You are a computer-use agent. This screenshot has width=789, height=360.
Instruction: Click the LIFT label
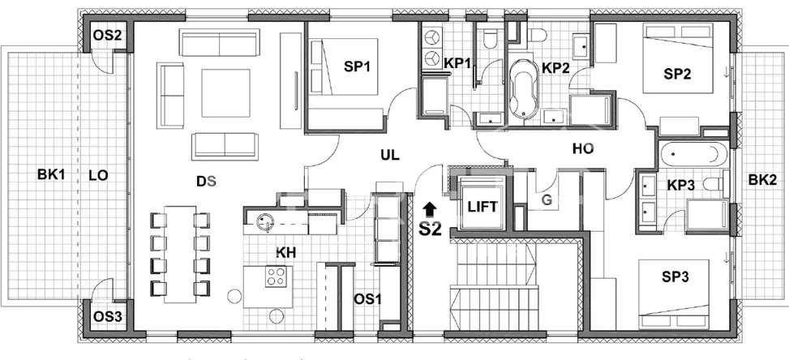(x=482, y=207)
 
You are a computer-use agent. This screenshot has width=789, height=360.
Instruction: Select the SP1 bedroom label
(x=356, y=66)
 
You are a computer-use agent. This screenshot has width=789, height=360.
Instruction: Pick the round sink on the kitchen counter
(x=265, y=221)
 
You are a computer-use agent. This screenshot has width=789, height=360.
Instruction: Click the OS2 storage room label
(x=108, y=36)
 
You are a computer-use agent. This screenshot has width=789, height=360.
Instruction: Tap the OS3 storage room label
(x=108, y=317)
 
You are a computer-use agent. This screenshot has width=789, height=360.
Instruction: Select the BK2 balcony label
(x=761, y=179)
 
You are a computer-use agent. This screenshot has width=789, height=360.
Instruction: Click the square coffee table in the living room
(x=226, y=93)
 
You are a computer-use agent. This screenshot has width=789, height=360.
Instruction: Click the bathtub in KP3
(x=693, y=154)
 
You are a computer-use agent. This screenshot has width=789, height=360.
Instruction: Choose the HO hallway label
(x=583, y=149)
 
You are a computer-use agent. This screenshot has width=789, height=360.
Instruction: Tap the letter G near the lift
(x=547, y=200)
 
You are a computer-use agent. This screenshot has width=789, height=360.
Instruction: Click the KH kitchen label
(x=285, y=252)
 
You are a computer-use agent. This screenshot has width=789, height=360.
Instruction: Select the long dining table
(x=180, y=254)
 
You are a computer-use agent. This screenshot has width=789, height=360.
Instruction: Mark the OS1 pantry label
(x=367, y=299)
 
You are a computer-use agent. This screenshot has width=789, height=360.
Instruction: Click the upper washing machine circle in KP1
(x=431, y=38)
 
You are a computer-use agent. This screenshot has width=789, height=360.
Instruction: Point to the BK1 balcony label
(x=51, y=175)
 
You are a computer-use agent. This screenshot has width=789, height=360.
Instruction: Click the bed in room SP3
(x=674, y=294)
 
